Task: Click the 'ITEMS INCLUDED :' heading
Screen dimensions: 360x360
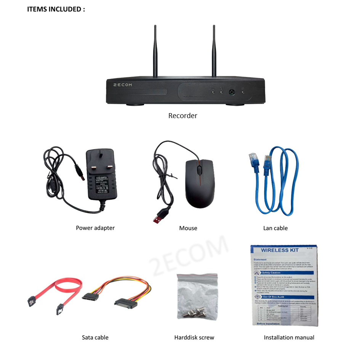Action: [56, 9]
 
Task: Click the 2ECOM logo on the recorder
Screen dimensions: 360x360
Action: [123, 85]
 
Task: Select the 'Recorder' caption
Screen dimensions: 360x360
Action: [183, 115]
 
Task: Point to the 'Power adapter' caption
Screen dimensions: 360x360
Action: [95, 228]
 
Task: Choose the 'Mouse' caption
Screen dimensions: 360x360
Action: [188, 228]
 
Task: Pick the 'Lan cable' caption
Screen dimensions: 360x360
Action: [275, 228]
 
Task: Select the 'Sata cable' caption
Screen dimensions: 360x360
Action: [95, 337]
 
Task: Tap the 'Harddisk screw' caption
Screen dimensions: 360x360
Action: [194, 337]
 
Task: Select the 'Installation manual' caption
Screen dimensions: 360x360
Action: [289, 337]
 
